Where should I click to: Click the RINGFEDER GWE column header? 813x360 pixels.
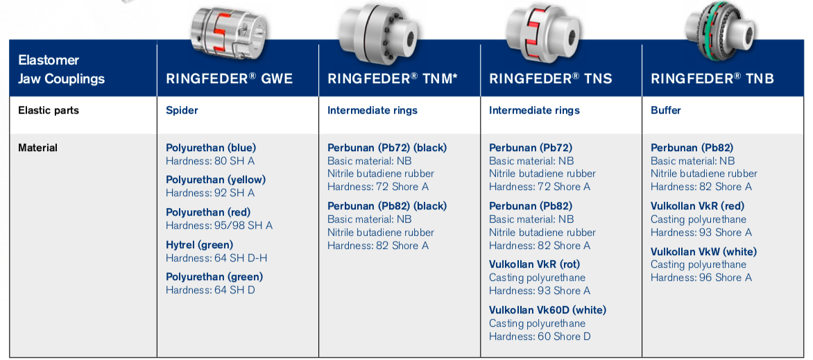tap(229, 78)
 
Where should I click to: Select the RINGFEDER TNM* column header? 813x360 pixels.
tap(392, 78)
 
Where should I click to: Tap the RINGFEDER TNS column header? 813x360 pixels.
tap(551, 78)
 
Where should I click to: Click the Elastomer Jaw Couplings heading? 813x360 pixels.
tap(61, 69)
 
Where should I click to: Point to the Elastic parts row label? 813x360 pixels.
tap(49, 110)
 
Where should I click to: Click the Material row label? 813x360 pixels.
tap(38, 148)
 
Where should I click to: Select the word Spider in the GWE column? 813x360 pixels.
tap(182, 110)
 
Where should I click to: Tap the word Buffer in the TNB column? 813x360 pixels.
tap(666, 110)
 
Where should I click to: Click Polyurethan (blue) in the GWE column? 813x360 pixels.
tap(211, 148)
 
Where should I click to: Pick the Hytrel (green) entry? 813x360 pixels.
tap(199, 245)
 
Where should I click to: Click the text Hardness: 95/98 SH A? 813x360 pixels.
tap(219, 225)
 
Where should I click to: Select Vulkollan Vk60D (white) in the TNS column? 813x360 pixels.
tap(547, 310)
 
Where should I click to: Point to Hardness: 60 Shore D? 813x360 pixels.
tap(540, 336)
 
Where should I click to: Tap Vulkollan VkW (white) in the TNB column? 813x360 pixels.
tap(703, 252)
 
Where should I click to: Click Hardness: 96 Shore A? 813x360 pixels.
tap(701, 277)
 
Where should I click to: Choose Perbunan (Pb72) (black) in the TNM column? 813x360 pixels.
tap(387, 148)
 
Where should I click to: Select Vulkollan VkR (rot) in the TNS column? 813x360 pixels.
tap(534, 264)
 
